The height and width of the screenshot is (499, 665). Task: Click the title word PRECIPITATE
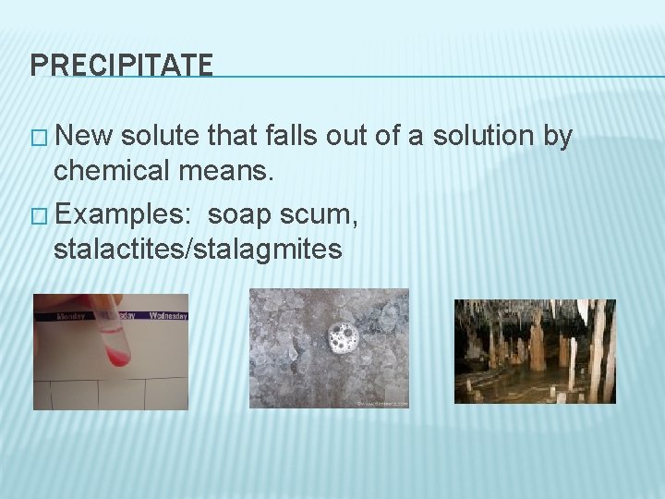coord(121,64)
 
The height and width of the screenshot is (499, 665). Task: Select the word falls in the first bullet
coord(290,136)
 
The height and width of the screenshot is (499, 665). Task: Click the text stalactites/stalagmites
coord(198,249)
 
